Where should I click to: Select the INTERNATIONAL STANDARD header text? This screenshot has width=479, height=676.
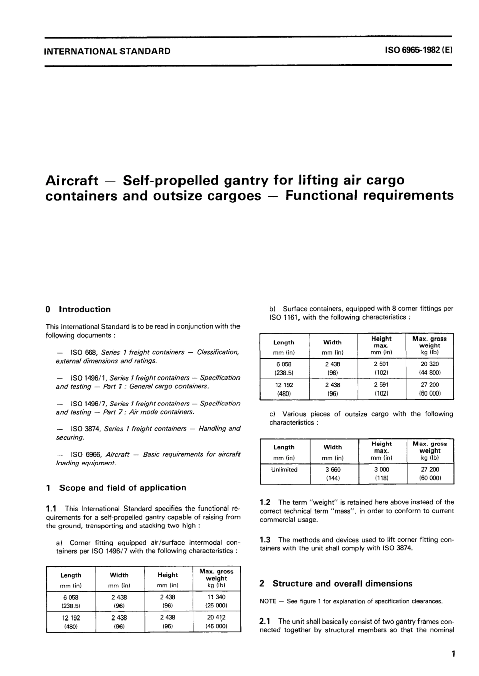(x=107, y=51)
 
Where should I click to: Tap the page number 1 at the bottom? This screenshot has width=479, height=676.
(x=453, y=654)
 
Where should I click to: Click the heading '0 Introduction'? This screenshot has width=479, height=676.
(x=78, y=309)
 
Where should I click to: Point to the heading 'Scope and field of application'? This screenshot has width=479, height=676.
(x=123, y=488)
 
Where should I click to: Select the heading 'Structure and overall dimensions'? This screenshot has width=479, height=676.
(x=342, y=583)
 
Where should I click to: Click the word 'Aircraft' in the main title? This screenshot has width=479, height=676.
(x=72, y=180)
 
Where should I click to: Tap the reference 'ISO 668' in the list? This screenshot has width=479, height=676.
(x=84, y=352)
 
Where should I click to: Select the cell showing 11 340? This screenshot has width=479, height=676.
(x=216, y=597)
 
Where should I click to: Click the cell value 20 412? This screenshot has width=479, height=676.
(x=216, y=617)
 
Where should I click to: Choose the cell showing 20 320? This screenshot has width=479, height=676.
(x=430, y=364)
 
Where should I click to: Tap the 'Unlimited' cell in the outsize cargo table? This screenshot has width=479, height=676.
(x=284, y=469)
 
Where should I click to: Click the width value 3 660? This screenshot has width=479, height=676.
(x=333, y=469)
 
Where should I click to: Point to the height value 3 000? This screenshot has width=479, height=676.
(x=381, y=469)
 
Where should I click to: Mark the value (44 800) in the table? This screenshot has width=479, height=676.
(x=430, y=372)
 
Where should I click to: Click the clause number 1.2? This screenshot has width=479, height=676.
(x=265, y=502)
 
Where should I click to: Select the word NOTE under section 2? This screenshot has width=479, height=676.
(x=268, y=601)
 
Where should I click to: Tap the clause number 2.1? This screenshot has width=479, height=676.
(x=265, y=622)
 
